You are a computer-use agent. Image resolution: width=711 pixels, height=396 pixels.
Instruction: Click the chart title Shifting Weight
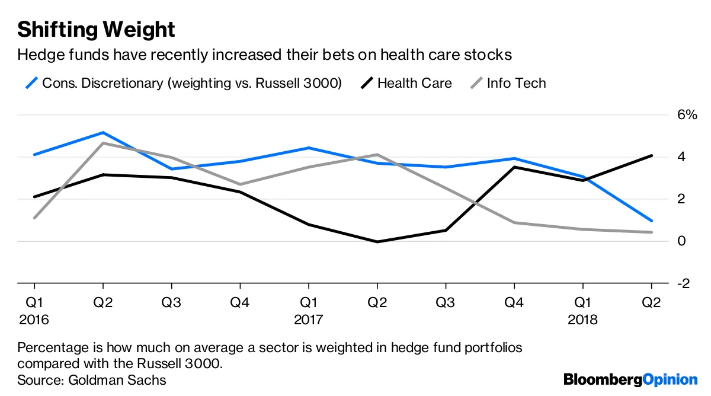96,29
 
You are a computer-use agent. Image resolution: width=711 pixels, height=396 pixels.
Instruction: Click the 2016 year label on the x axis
34,320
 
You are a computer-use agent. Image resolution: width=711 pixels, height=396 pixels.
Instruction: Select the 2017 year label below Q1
308,320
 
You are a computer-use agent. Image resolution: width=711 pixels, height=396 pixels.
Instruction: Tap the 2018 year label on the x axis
583,320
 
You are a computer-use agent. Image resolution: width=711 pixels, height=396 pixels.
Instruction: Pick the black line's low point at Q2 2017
377,242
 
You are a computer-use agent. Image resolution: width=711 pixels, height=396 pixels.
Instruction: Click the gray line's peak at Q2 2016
103,143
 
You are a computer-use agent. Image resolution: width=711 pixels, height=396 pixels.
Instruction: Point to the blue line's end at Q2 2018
652,221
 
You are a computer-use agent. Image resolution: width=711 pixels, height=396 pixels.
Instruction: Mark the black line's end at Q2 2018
652,156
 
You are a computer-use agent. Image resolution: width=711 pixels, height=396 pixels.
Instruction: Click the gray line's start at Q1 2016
34,218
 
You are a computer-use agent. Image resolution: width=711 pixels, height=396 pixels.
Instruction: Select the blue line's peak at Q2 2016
103,132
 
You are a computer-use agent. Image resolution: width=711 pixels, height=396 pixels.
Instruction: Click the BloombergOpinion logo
630,379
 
